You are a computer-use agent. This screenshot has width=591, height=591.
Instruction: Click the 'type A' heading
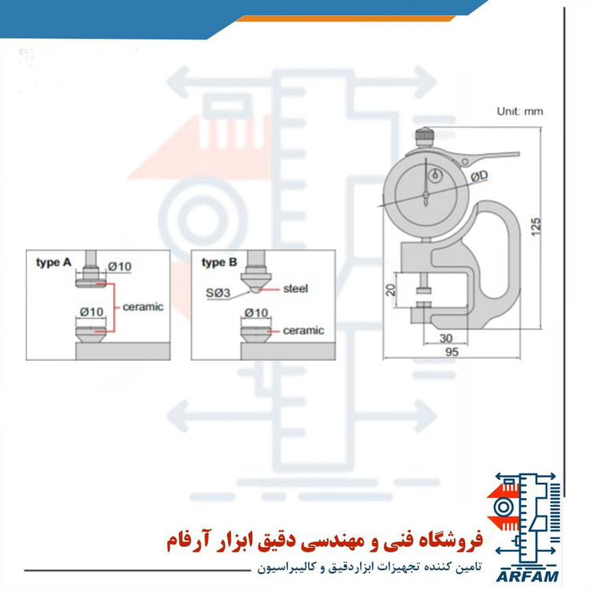pos(54,262)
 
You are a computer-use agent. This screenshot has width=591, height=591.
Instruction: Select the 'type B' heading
pos(219,262)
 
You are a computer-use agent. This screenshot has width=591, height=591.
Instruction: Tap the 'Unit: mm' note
pos(520,111)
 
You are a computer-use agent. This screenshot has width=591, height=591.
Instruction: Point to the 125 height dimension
pos(536,227)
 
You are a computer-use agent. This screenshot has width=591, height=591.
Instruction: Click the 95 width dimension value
pos(452,352)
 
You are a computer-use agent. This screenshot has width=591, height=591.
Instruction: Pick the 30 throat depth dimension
pos(446,338)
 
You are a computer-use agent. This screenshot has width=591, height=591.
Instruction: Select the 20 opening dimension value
pos(391,289)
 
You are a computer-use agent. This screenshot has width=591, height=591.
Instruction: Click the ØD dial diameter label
pos(479,176)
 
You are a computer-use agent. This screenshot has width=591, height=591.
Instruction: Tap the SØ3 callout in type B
pos(217,293)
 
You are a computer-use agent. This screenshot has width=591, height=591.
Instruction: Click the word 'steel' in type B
pos(295,288)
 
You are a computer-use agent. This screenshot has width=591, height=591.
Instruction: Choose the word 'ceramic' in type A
pos(143,307)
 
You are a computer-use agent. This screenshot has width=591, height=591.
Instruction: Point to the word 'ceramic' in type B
pos(303,330)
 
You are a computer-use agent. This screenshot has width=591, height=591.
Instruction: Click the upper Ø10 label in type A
pos(120,266)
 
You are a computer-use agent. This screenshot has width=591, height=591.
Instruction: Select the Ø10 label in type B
pos(256,313)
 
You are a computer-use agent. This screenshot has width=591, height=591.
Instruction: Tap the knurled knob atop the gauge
pos(426,136)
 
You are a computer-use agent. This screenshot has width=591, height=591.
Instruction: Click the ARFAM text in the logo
pos(527,576)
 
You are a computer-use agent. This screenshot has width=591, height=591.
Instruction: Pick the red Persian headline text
pos(325,541)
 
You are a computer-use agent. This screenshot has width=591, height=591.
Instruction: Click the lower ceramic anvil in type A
pos(91,334)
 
